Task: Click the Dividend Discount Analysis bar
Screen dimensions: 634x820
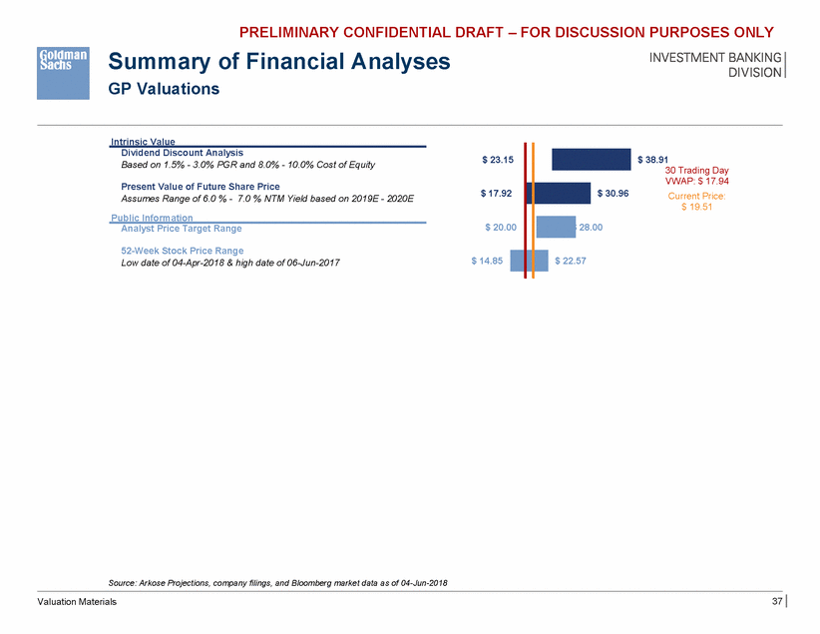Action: click(591, 160)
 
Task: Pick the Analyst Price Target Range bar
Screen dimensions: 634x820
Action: click(556, 228)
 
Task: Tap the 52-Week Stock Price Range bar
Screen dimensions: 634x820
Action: click(529, 262)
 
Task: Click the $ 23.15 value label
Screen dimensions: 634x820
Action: click(498, 159)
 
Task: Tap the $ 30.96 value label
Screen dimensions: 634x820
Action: click(614, 193)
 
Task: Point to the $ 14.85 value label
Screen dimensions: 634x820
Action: click(488, 262)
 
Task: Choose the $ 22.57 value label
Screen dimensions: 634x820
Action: click(571, 262)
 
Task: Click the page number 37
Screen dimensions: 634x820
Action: click(777, 601)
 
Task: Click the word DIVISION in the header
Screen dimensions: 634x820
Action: click(755, 72)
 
